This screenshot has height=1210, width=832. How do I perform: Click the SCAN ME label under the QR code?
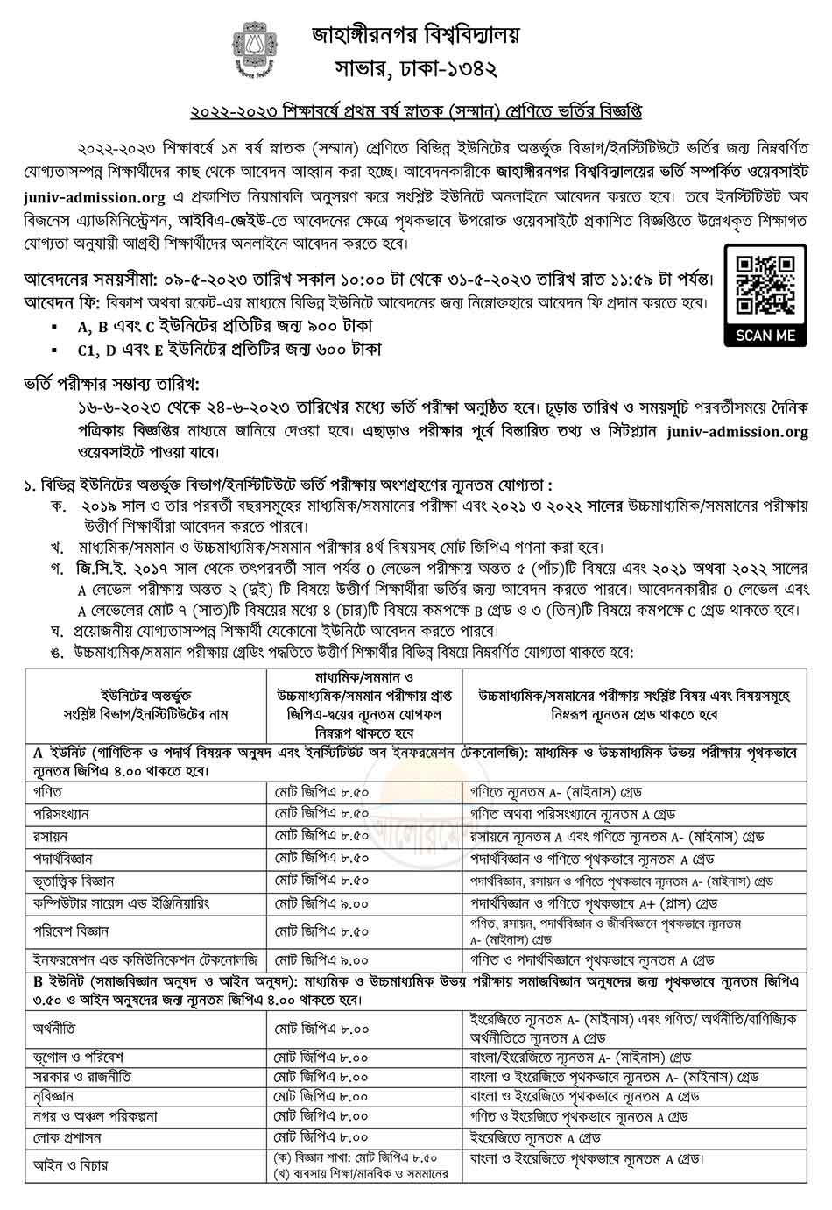765,336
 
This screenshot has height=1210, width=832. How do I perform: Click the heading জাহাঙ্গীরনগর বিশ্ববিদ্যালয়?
415,35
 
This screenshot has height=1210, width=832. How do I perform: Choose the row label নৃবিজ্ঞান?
53,1096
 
